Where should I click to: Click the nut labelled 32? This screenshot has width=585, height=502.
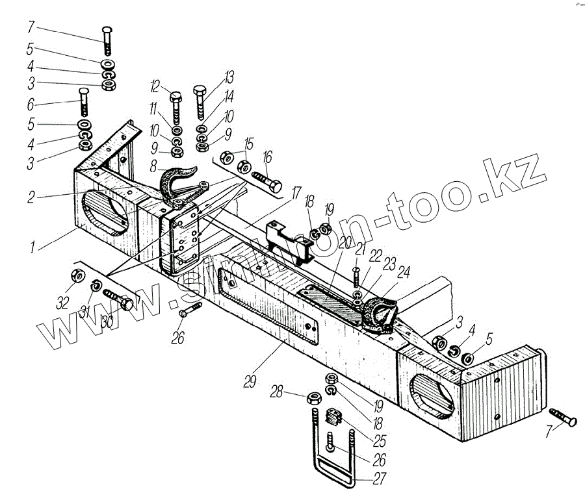pos(75,276)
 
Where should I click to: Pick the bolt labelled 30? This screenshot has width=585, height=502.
pos(118,302)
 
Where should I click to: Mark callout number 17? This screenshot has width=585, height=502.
pos(296,192)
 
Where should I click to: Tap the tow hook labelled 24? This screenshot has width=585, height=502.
pos(380,314)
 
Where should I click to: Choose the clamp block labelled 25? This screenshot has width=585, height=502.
pos(333,420)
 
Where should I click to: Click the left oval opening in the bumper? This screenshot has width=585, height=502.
pos(104,210)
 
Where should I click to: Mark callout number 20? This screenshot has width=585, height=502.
pos(343,243)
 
